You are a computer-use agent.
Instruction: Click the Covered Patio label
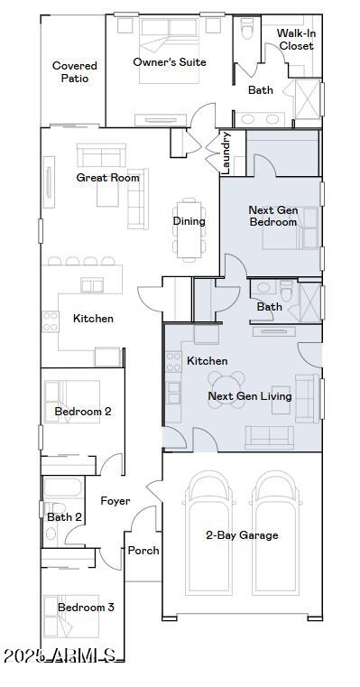click(x=75, y=72)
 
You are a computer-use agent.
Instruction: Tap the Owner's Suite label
click(x=170, y=62)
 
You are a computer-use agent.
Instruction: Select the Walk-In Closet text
click(x=297, y=40)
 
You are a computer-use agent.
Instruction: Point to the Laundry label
click(x=226, y=153)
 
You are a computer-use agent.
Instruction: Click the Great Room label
click(x=107, y=178)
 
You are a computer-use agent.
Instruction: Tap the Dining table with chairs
click(x=189, y=230)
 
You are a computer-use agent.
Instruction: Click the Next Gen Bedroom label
click(x=273, y=216)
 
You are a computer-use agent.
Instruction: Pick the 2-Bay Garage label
click(x=242, y=535)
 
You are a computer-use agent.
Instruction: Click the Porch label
click(x=143, y=551)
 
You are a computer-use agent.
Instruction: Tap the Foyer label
click(x=115, y=501)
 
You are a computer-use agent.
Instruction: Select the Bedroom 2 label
click(x=83, y=412)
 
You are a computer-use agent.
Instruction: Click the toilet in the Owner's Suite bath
click(x=247, y=29)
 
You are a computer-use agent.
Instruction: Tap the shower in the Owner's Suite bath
click(x=308, y=99)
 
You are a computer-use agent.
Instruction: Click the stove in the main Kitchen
click(x=51, y=321)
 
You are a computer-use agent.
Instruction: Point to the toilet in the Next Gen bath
click(x=286, y=291)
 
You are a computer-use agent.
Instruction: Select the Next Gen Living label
click(x=250, y=396)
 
